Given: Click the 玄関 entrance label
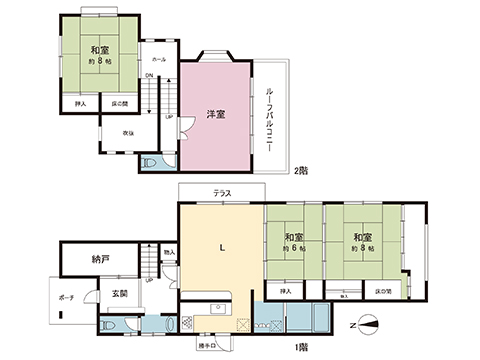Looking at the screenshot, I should click(x=119, y=293).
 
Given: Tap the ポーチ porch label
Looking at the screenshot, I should click(x=67, y=297).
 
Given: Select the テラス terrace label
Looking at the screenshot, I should click(x=222, y=193).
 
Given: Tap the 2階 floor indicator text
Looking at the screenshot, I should click(x=300, y=171).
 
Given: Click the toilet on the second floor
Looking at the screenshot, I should click(x=150, y=161).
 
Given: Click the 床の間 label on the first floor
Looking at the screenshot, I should click(x=382, y=291).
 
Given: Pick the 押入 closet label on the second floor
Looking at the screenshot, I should click(x=81, y=103).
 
